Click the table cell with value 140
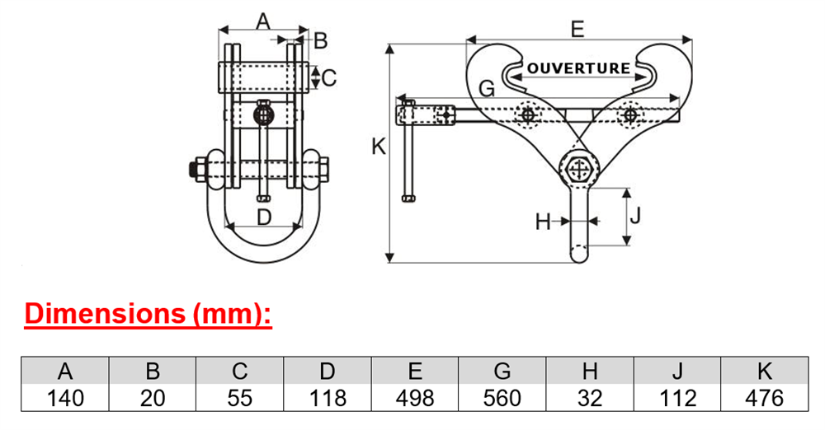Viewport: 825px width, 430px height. pos(65,398)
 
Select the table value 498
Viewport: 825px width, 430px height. pos(415,398)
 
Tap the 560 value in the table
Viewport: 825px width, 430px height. pos(502,398)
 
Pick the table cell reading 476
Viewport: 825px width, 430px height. pos(765,398)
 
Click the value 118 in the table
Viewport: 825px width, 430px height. pos(328,398)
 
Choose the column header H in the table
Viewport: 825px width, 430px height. pos(590,372)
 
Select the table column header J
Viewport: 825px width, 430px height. pos(677,372)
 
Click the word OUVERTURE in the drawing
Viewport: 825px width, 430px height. pos(578,68)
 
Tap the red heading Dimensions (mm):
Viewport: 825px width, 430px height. pos(148,313)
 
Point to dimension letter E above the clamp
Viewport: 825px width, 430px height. pos(577,29)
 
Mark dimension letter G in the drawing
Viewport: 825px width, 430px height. pos(488,88)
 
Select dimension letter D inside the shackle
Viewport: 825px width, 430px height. pos(264,216)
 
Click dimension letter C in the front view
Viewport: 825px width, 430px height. pos(329,77)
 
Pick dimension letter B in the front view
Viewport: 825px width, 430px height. pos(320,40)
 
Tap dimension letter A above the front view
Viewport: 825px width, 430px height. pos(262,21)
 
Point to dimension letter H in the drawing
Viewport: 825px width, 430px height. pos(543,222)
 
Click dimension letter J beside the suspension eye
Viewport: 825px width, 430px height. pos(635,215)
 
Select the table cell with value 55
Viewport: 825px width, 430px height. pos(240,398)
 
